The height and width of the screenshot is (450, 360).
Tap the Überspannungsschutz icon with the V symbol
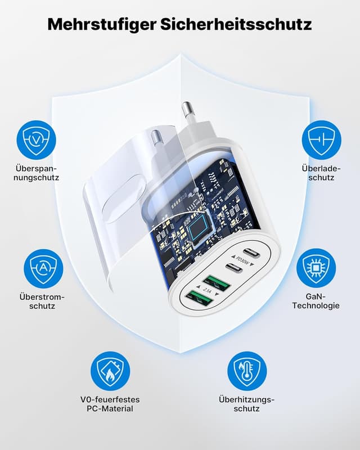coord(37,139)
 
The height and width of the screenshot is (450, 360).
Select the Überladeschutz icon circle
coord(322,139)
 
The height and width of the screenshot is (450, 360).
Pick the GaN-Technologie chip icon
coord(316,268)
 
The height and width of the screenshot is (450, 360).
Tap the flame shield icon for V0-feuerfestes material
coord(110,371)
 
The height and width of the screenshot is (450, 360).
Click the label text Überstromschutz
coord(43,301)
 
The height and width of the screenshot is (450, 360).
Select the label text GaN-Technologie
coord(316,301)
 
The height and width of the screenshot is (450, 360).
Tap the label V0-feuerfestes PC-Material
coord(110,404)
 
